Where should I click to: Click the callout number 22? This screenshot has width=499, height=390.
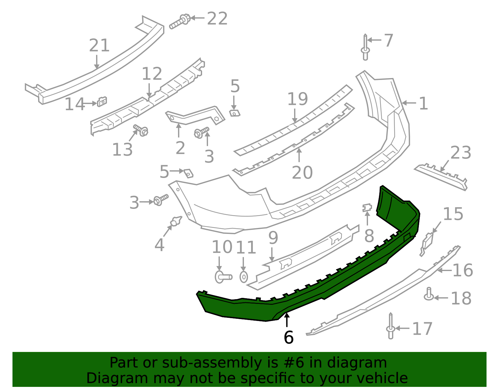(217, 18)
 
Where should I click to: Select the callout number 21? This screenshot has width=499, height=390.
(99, 46)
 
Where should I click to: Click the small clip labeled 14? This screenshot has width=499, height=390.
(102, 101)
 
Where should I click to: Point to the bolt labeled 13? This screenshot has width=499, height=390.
(141, 130)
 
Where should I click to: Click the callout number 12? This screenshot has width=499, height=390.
(152, 74)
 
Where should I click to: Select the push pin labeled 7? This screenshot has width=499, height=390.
(365, 49)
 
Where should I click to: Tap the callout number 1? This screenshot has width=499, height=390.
(423, 103)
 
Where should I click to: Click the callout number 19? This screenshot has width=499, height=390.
(297, 99)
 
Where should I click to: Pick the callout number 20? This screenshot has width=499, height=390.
(302, 172)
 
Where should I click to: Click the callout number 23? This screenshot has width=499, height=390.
(461, 153)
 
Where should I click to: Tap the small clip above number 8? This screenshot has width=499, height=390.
(367, 208)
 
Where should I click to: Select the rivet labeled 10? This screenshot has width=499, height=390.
(223, 277)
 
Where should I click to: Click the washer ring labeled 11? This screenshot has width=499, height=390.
(244, 277)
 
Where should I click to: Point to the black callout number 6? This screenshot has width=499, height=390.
(288, 337)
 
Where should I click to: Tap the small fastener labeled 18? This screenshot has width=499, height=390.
(429, 294)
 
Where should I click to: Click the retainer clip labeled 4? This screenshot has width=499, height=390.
(176, 221)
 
